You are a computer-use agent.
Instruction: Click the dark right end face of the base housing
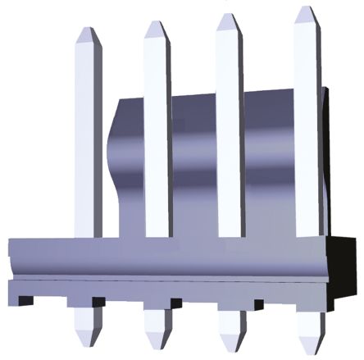[345, 271]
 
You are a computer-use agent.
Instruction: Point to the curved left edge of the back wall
[114, 164]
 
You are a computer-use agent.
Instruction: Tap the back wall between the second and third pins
[193, 164]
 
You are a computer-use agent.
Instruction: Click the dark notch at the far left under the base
[24, 300]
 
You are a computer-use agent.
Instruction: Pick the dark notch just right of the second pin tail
[174, 303]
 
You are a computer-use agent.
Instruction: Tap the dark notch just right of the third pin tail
[257, 304]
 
